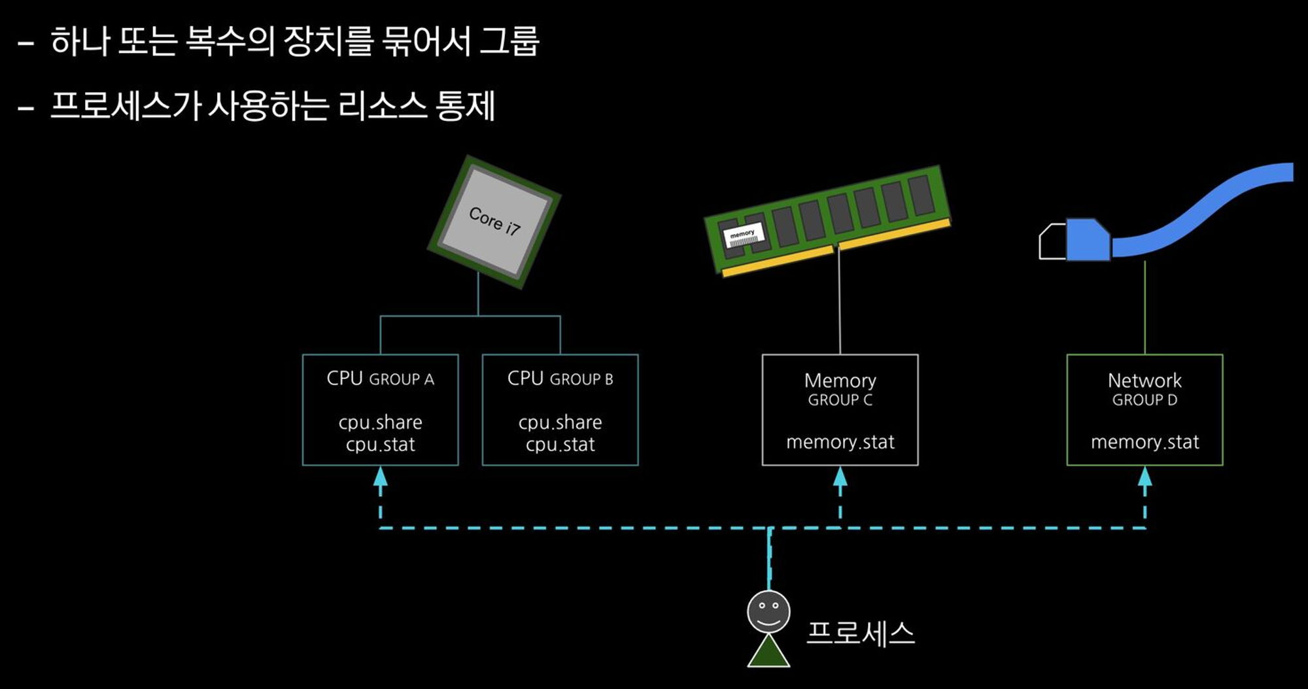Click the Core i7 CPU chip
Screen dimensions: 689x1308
tap(494, 222)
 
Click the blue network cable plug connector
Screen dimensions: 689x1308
tap(1087, 241)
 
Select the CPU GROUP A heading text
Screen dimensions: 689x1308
tap(380, 378)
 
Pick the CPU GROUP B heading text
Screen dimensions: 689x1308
tap(560, 378)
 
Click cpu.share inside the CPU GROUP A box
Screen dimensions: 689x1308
tap(380, 422)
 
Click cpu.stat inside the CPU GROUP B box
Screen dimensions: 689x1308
tap(560, 445)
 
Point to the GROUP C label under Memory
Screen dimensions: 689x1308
tap(840, 400)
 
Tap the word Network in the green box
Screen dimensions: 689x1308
tap(1144, 380)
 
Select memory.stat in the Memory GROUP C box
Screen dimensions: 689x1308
tap(840, 443)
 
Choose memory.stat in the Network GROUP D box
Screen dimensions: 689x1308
tap(1144, 443)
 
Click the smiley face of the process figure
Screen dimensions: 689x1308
tap(768, 611)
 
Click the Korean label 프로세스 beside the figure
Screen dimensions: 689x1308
tap(860, 633)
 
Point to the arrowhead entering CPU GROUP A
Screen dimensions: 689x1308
tap(380, 477)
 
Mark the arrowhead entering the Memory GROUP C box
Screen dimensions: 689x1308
tap(840, 477)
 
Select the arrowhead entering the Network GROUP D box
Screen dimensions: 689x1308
tap(1144, 477)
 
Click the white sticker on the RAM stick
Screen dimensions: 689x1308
tap(743, 237)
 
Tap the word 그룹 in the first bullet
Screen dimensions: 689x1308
tap(509, 41)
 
